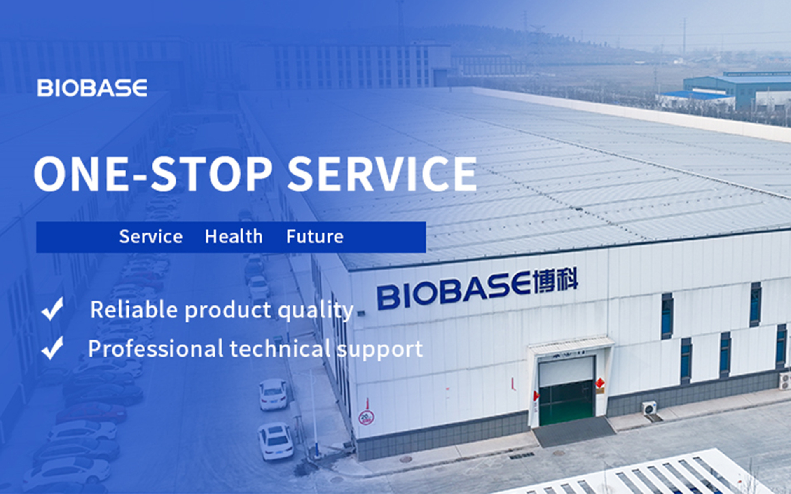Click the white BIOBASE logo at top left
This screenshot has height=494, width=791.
point(92,88)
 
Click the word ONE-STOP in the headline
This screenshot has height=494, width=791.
point(153,174)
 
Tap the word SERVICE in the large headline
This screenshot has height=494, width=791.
point(382,174)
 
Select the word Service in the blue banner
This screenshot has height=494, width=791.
point(151,237)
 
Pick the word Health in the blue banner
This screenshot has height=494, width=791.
point(234,237)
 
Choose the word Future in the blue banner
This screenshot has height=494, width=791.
point(315,237)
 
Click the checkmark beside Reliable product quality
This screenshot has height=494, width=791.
point(52,309)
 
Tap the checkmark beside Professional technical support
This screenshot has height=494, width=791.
point(52,348)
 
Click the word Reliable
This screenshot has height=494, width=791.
point(134,309)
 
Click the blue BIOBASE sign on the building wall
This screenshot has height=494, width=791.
point(454,290)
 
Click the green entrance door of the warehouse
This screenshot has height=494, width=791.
point(566,402)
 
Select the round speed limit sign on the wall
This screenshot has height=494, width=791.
point(366,418)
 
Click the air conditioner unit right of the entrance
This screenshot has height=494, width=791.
point(650,408)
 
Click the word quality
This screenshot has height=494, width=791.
point(316,311)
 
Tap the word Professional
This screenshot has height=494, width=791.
point(156,349)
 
